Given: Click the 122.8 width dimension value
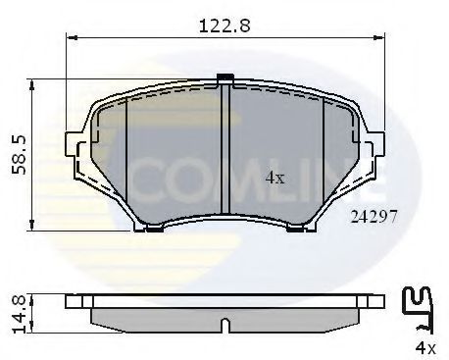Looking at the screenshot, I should pos(224,27).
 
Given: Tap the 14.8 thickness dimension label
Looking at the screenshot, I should pos(17,312).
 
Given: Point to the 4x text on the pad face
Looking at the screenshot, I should pos(274,179).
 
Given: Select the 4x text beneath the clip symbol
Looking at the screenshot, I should pos(423,347).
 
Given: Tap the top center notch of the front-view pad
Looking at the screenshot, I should pos(224,78).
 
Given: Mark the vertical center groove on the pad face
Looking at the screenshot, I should pos(226,147).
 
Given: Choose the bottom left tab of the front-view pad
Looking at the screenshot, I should pos(152,229).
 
